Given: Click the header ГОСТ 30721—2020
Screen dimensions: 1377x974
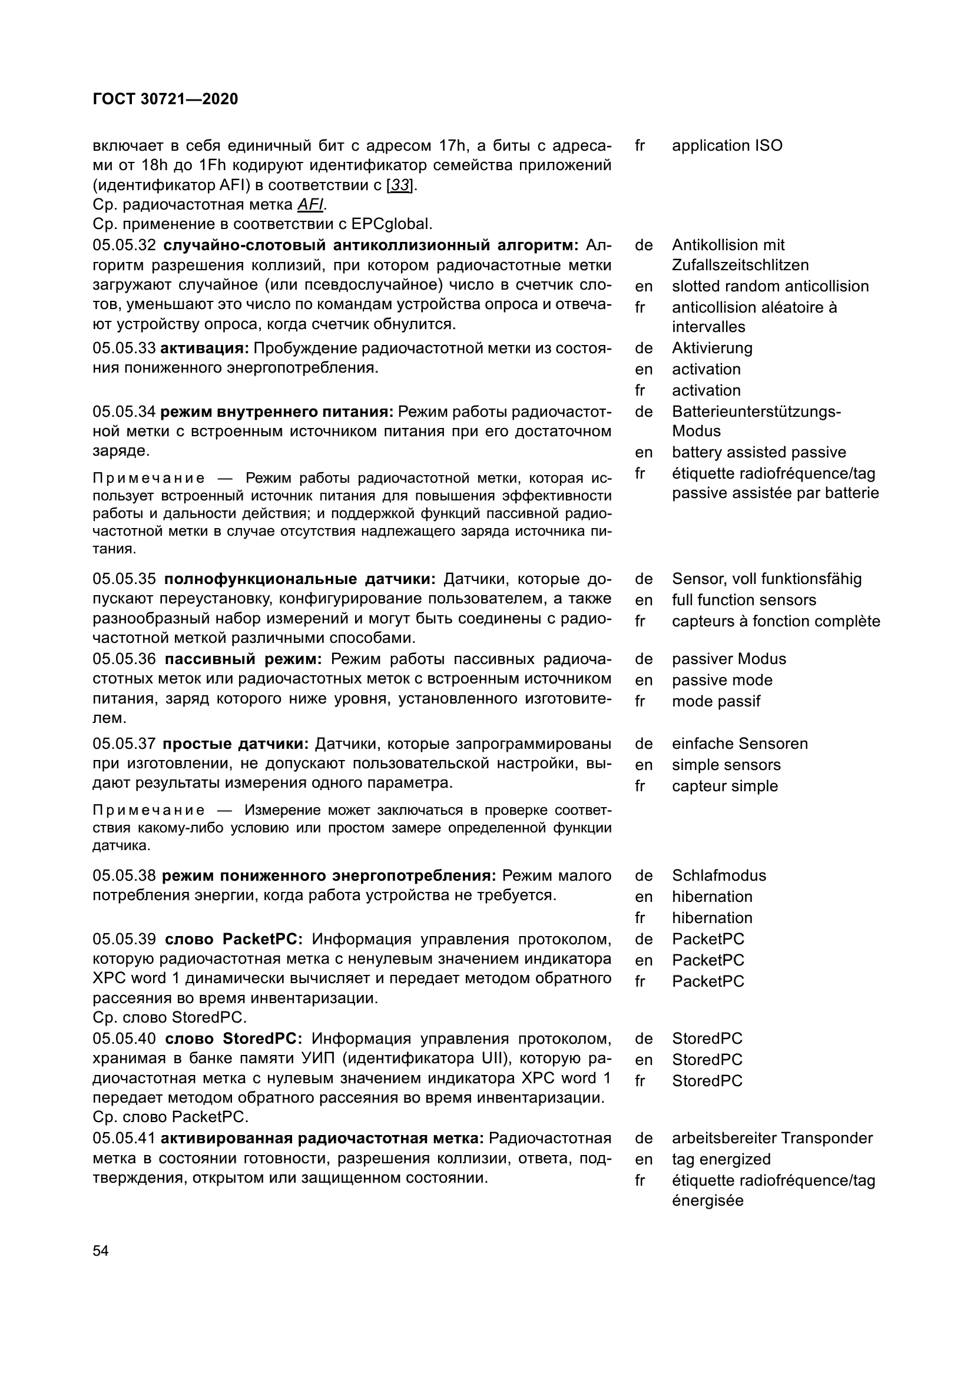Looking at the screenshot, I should (x=165, y=99).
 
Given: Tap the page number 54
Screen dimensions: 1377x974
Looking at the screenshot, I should (x=101, y=1250).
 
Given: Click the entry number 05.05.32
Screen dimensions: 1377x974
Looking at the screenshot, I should (x=124, y=245).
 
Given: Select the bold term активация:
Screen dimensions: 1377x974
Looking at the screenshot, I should (x=204, y=349).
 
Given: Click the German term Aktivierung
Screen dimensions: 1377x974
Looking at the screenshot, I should (x=712, y=348).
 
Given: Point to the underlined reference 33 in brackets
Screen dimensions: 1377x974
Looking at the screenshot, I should (x=400, y=185).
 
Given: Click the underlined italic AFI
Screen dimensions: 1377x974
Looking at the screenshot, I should (x=310, y=205).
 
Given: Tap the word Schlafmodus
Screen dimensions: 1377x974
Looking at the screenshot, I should (x=718, y=875).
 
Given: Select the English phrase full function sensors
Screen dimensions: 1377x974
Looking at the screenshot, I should (x=744, y=600).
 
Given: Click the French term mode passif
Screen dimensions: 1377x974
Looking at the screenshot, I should (x=715, y=701).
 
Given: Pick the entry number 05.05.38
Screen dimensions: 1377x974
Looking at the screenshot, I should (x=124, y=875).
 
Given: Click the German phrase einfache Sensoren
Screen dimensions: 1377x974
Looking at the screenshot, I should (x=740, y=744).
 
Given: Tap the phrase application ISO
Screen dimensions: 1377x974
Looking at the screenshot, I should (x=727, y=146).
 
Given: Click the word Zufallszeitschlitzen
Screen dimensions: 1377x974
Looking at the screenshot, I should (x=740, y=265).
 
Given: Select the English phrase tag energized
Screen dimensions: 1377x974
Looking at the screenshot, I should (x=721, y=1159).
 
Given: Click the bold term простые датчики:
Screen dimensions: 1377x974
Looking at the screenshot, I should (x=236, y=744).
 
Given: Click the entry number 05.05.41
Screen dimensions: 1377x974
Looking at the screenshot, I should (x=124, y=1139).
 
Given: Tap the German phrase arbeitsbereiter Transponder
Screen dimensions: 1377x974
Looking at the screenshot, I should (x=772, y=1138).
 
